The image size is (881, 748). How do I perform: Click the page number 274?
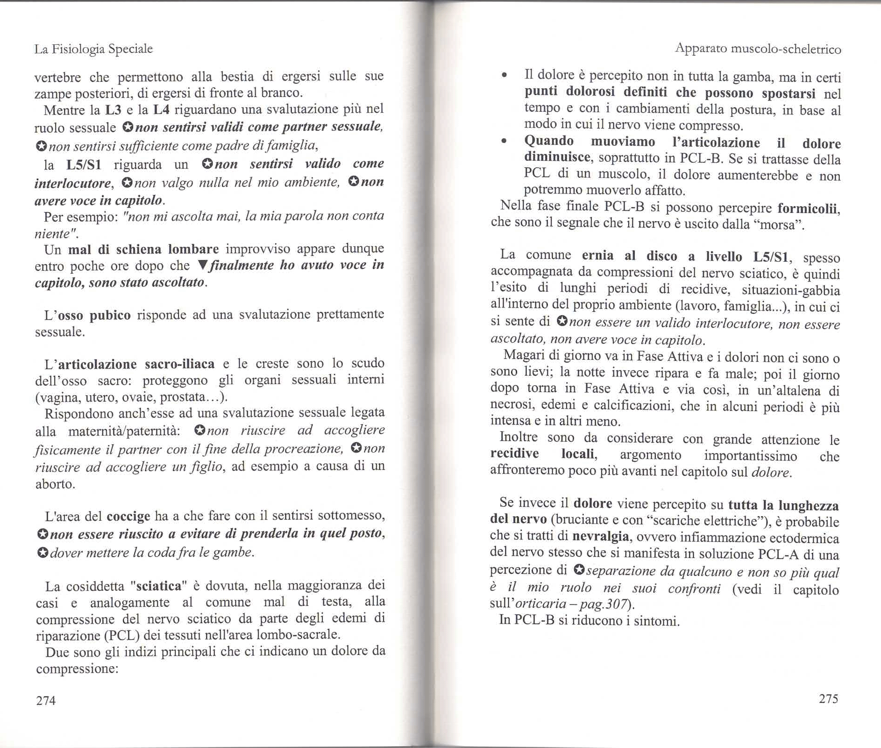45,700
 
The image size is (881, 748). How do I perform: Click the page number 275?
828,698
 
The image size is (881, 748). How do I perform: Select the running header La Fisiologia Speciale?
93,49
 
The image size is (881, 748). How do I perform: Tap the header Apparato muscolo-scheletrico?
758,49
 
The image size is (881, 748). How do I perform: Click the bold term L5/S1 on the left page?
84,165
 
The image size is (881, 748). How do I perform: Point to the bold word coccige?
128,516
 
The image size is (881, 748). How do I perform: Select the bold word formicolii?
809,208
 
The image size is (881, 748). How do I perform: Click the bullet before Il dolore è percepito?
504,76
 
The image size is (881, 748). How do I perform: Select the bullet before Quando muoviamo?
504,141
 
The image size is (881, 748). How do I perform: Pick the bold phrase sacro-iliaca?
180,364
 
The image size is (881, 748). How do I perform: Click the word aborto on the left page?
55,484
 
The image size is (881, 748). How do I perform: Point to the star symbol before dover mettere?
43,553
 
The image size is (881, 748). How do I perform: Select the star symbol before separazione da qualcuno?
579,570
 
